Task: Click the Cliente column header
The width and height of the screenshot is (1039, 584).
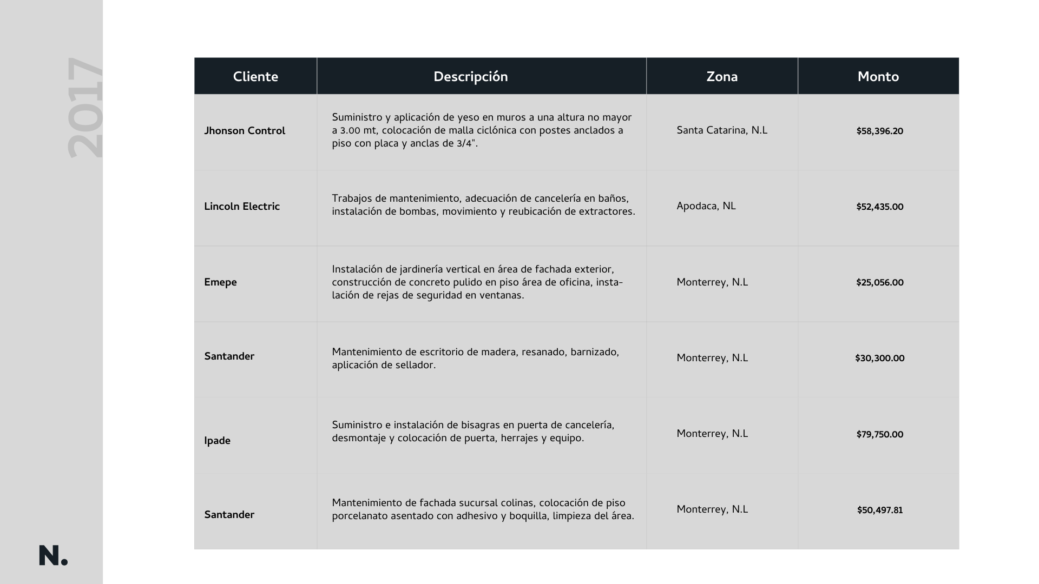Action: pos(255,77)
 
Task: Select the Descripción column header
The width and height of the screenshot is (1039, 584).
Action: pos(470,77)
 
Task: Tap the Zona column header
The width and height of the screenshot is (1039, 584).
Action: pos(722,77)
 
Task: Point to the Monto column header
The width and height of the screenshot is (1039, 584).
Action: pos(878,77)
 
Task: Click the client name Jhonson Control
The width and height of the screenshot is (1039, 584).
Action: pos(245,131)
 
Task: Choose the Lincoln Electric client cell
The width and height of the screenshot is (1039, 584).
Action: pos(242,207)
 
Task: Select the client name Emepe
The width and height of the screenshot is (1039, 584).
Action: pos(220,282)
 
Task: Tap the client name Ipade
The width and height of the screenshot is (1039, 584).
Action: pos(217,441)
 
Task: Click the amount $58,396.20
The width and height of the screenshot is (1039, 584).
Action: pos(879,131)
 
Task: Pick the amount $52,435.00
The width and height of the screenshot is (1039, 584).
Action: pos(879,207)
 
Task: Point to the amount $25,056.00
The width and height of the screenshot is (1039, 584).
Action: pos(879,283)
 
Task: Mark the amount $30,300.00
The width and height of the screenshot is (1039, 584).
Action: pos(879,359)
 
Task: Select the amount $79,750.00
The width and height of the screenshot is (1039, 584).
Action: pos(879,435)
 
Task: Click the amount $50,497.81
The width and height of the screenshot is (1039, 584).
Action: pos(879,510)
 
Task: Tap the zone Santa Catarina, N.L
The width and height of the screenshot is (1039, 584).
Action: pos(722,130)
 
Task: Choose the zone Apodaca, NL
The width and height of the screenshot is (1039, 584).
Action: pos(706,206)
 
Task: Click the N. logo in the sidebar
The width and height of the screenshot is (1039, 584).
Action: pos(53,556)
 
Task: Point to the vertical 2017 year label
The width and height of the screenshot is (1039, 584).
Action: pos(85,108)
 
